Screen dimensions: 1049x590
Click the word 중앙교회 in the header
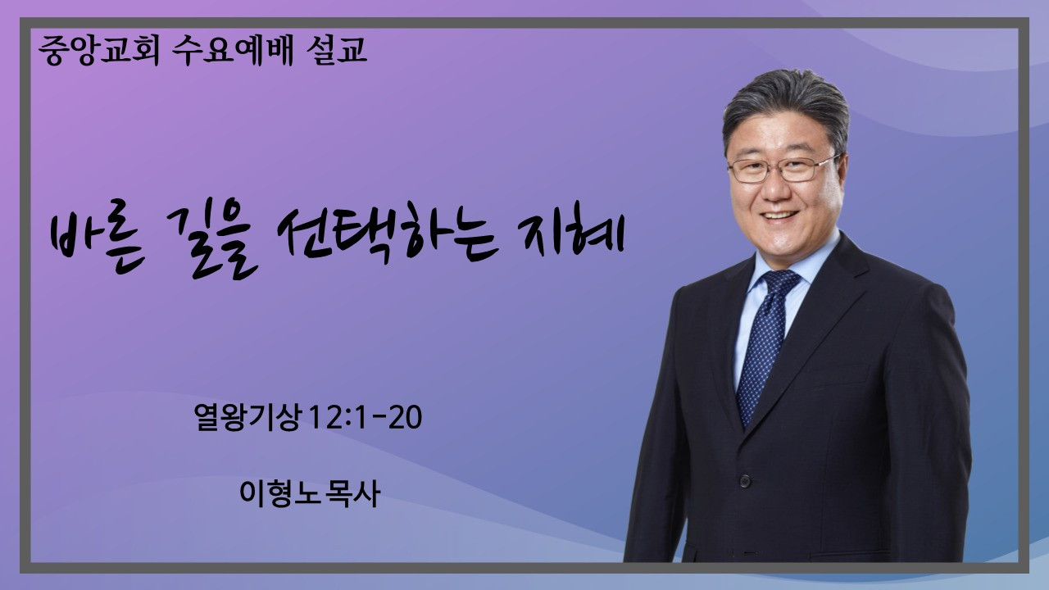[99, 50]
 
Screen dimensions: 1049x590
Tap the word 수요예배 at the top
[232, 50]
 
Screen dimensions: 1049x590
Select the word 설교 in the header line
[336, 50]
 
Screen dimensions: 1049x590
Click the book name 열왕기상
[247, 417]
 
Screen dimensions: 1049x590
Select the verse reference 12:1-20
[366, 417]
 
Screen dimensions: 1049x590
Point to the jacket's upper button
[745, 480]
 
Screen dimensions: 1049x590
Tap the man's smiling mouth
[780, 216]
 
